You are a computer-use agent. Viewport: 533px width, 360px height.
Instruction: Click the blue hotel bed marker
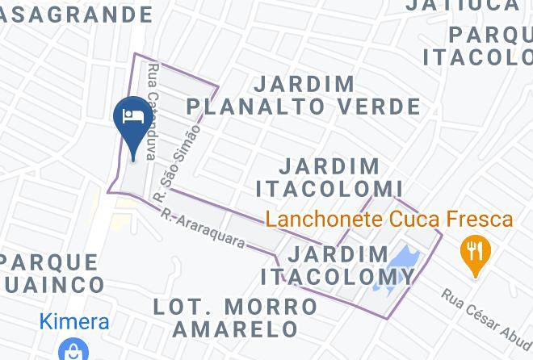132,118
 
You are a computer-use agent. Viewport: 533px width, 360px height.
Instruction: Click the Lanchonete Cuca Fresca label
389,220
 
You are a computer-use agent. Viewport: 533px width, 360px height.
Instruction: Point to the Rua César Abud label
485,316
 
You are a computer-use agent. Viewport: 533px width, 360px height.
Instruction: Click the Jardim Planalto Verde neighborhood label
303,95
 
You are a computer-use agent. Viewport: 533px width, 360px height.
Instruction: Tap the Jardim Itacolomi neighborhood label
329,178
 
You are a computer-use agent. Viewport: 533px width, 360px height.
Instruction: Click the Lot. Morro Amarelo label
236,317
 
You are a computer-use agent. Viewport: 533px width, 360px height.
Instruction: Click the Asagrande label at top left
76,15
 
